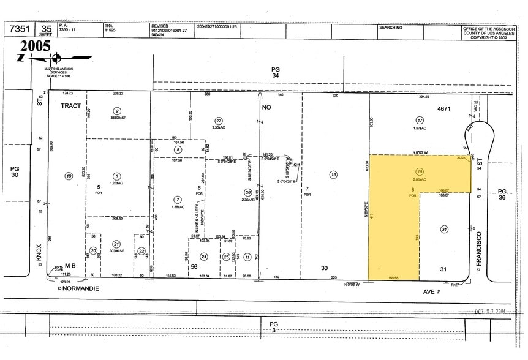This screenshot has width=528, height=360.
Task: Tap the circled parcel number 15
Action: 419,171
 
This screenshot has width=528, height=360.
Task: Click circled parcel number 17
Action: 419,120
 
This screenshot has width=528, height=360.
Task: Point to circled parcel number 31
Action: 444,229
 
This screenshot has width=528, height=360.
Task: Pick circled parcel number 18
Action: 333,174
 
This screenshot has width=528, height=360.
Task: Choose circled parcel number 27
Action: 218,120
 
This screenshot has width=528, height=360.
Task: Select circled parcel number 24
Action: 204,257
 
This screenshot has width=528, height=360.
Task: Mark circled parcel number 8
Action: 178,149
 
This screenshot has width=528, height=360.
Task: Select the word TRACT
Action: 70,106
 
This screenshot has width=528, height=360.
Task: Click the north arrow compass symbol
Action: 57,59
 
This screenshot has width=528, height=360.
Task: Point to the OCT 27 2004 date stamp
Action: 494,310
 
